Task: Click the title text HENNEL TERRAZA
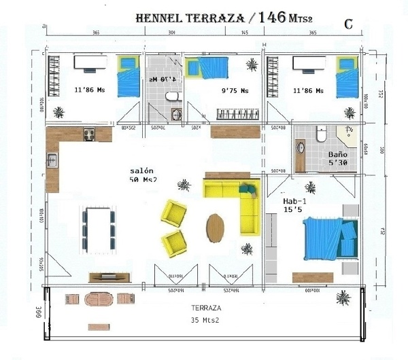pyautogui.click(x=190, y=18)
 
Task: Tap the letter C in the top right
pyautogui.click(x=347, y=24)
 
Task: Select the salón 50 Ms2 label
pyautogui.click(x=143, y=175)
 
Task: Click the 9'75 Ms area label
pyautogui.click(x=235, y=89)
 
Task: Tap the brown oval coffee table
pyautogui.click(x=215, y=228)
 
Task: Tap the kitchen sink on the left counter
pyautogui.click(x=52, y=161)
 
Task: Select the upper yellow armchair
pyautogui.click(x=173, y=213)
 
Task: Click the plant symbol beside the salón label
pyautogui.click(x=182, y=184)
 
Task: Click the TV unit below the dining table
pyautogui.click(x=107, y=276)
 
